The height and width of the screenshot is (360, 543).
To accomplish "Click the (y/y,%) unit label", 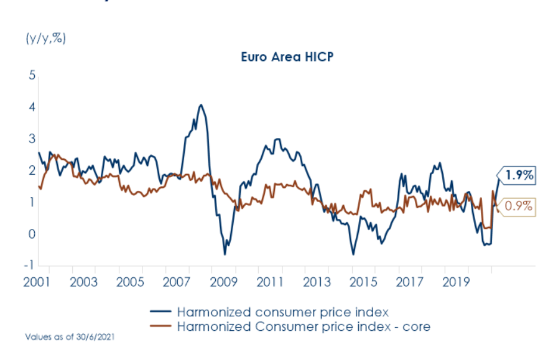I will (x=45, y=38).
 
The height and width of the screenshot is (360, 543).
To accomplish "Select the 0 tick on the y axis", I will (x=32, y=234).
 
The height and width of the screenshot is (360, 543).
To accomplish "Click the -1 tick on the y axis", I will (x=30, y=265).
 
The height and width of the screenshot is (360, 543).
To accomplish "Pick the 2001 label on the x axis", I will (x=37, y=282).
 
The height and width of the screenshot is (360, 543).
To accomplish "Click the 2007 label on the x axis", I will (x=177, y=282).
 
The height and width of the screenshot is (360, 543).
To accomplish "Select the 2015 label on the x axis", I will (x=364, y=282).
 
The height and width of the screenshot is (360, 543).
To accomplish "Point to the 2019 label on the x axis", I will (x=457, y=282).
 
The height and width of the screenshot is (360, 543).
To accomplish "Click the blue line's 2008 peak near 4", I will (x=200, y=105).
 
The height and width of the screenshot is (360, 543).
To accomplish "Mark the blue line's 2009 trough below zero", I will (x=225, y=254).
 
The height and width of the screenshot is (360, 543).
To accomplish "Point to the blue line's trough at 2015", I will (x=353, y=254).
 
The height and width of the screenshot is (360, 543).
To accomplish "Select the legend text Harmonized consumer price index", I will (x=283, y=312).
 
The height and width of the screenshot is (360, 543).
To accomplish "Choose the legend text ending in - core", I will (x=304, y=326).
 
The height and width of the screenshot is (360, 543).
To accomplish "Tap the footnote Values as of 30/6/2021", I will (x=70, y=336).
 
